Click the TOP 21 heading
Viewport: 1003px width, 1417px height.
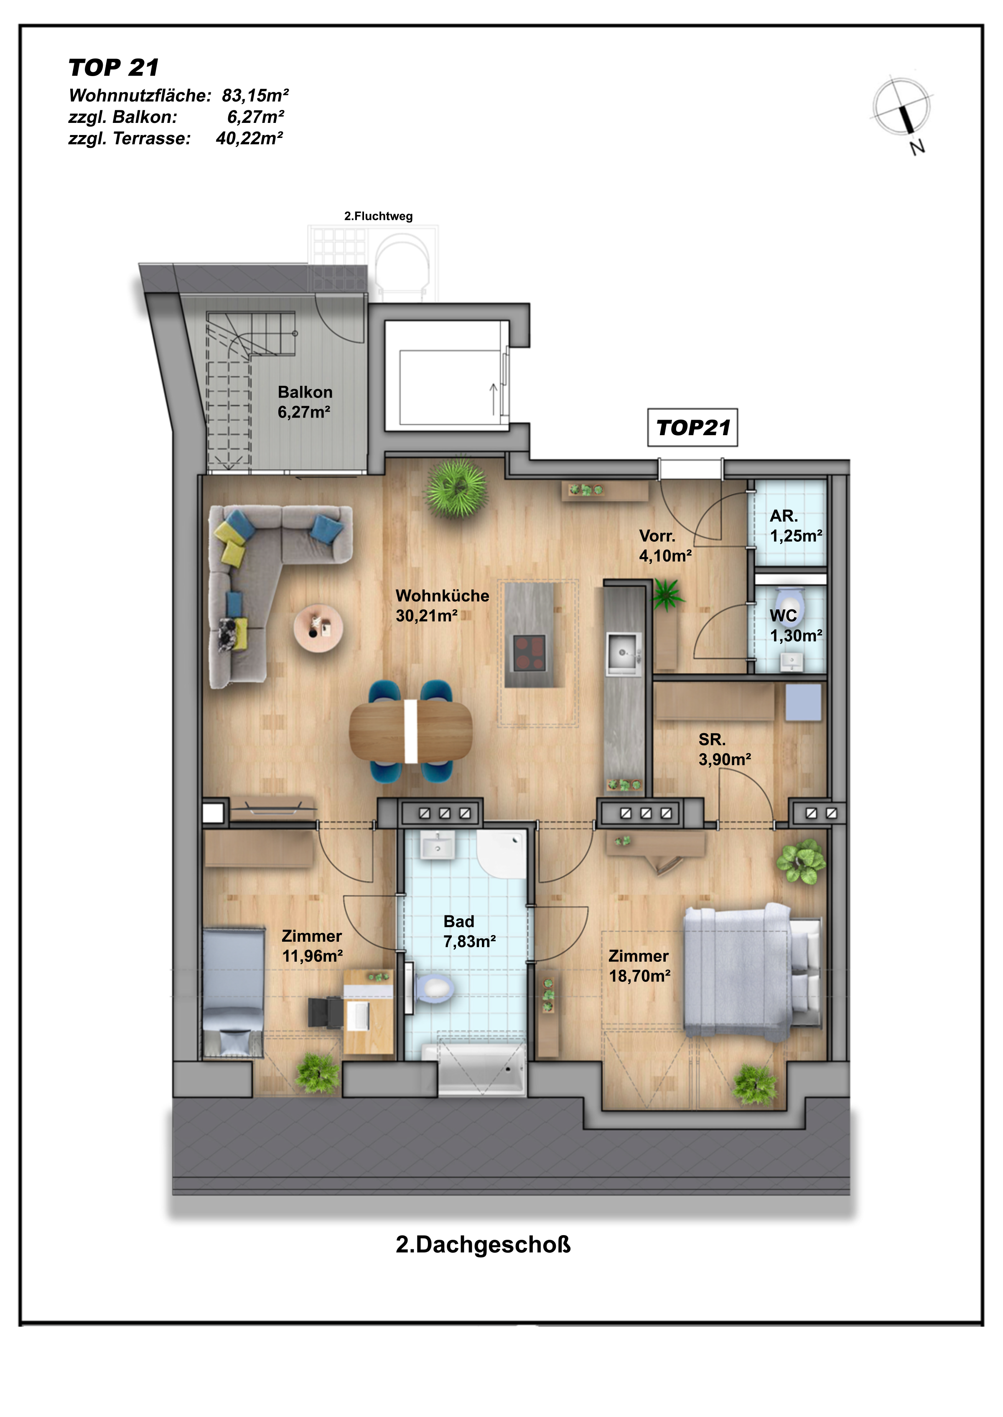pos(114,67)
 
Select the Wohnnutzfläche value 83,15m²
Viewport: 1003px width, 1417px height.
pos(255,96)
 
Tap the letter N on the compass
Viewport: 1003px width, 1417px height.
pos(917,147)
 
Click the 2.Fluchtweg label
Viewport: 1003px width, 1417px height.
pos(378,216)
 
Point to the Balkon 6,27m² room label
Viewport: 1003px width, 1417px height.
pos(305,402)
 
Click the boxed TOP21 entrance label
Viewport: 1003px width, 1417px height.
pos(692,428)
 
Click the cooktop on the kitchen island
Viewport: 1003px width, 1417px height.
pos(530,653)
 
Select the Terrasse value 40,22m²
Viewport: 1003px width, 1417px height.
pos(249,138)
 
